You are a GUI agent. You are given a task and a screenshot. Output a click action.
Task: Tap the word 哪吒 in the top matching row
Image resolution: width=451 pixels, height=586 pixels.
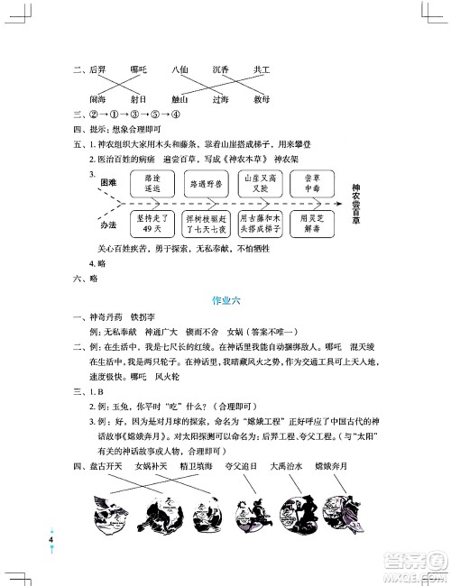[x=139, y=69]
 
